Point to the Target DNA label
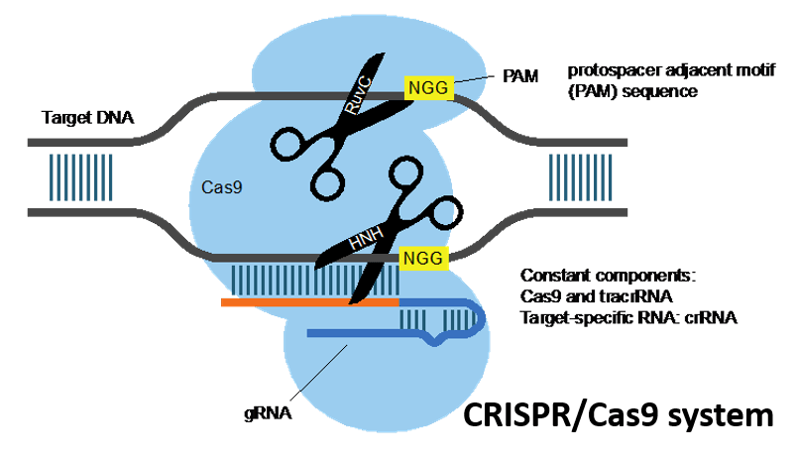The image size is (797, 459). coord(87,119)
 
